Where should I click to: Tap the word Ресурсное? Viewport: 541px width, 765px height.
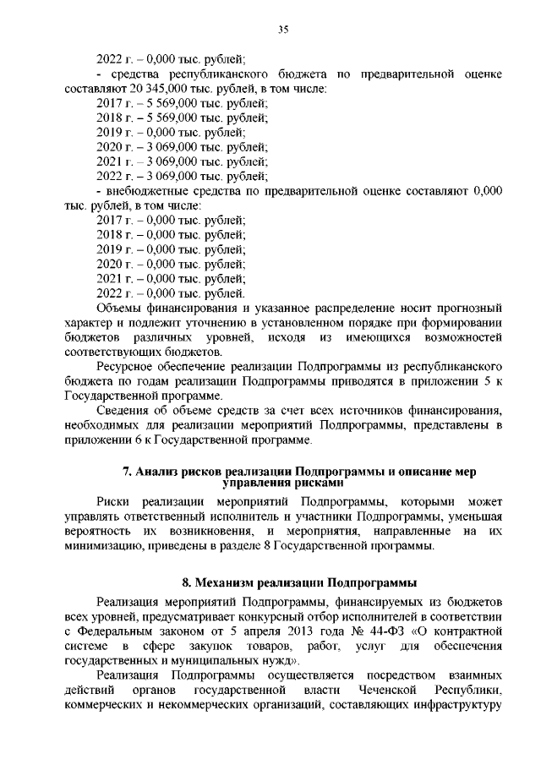[128, 366]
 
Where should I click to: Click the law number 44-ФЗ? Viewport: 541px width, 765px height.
[385, 631]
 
